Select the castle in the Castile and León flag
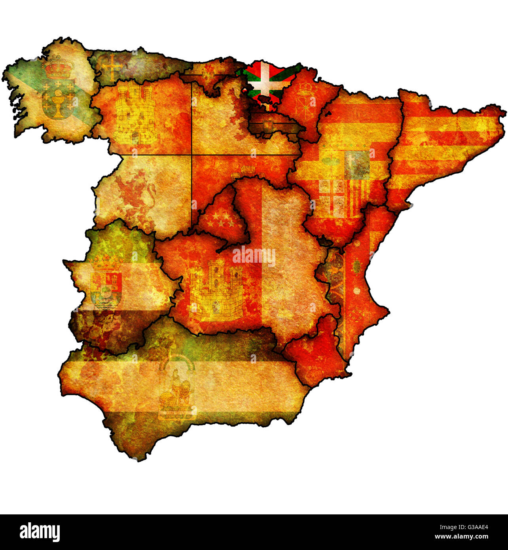coord(135,115)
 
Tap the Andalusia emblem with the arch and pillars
coord(177,388)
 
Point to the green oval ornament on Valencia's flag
coord(356,265)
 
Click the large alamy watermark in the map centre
coord(254,256)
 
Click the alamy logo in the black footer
coord(40,532)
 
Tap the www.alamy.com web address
coord(461,537)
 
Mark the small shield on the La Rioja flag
coord(269,126)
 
